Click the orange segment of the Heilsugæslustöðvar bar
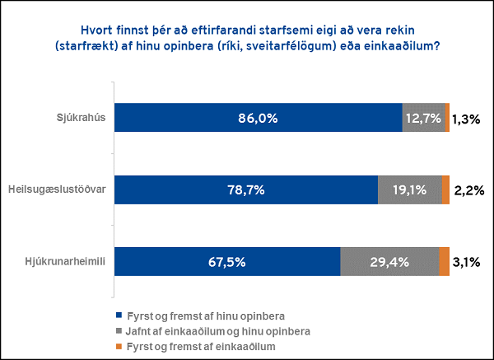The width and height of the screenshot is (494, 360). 445,189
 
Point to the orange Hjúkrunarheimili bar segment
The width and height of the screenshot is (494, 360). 444,261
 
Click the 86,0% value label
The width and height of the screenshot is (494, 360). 258,119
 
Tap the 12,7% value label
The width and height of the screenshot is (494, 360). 424,119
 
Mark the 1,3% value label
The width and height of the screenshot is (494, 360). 467,119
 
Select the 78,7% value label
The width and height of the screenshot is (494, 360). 245,190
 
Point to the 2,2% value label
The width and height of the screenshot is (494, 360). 468,191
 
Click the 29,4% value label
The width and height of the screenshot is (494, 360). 389,262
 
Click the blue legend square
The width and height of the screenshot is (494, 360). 119,316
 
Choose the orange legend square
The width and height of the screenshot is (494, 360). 119,347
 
